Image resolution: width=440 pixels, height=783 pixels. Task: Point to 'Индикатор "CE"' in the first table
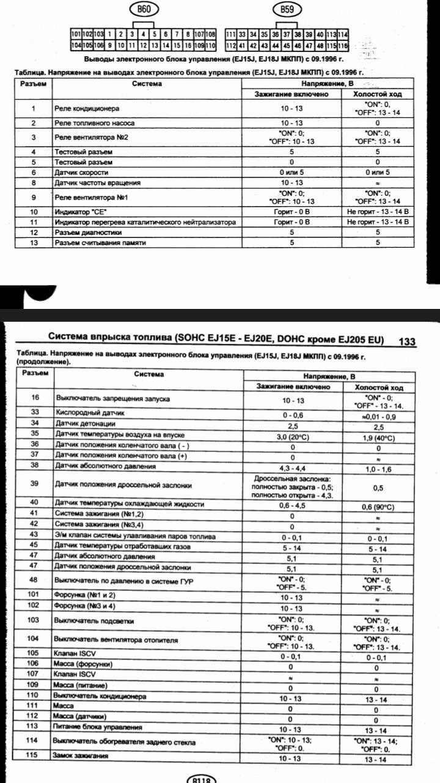click(76, 211)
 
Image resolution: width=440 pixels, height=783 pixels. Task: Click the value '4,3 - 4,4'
click(291, 466)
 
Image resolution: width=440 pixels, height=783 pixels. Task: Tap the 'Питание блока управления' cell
click(98, 727)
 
